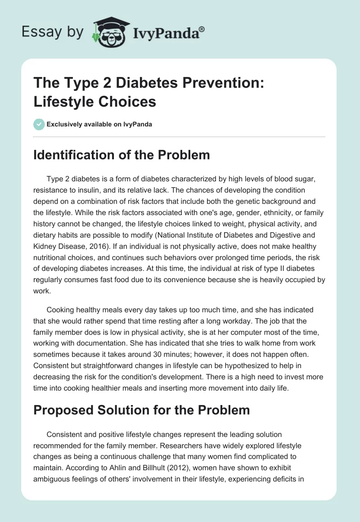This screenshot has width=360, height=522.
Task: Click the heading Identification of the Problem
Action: click(x=121, y=155)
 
